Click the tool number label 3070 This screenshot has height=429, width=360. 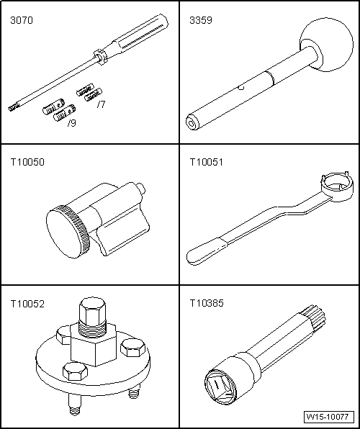22,21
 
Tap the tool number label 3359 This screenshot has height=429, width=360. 201,21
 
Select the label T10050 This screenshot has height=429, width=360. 27,162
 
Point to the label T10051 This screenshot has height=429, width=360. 207,162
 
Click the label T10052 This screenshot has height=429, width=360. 27,304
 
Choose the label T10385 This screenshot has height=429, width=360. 207,303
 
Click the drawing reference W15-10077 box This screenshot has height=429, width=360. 328,417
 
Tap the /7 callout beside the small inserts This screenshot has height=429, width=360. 101,104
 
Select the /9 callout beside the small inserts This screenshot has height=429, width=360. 71,123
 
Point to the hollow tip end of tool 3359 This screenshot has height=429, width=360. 192,123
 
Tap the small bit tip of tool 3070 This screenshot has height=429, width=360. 12,109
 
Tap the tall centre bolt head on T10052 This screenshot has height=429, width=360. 91,310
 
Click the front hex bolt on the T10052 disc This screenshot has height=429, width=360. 75,371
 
